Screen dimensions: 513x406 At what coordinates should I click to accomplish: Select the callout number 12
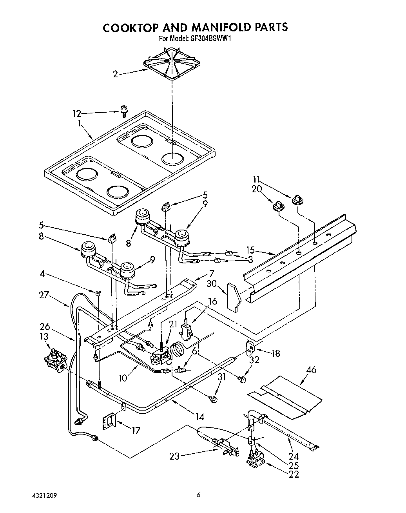(x=76, y=114)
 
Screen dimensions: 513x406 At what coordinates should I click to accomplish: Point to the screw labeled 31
(x=214, y=399)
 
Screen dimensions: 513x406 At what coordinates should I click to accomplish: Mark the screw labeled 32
(x=242, y=379)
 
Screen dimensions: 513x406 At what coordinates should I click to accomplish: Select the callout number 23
(x=175, y=456)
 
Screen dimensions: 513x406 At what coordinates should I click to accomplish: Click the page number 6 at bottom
(x=199, y=495)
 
